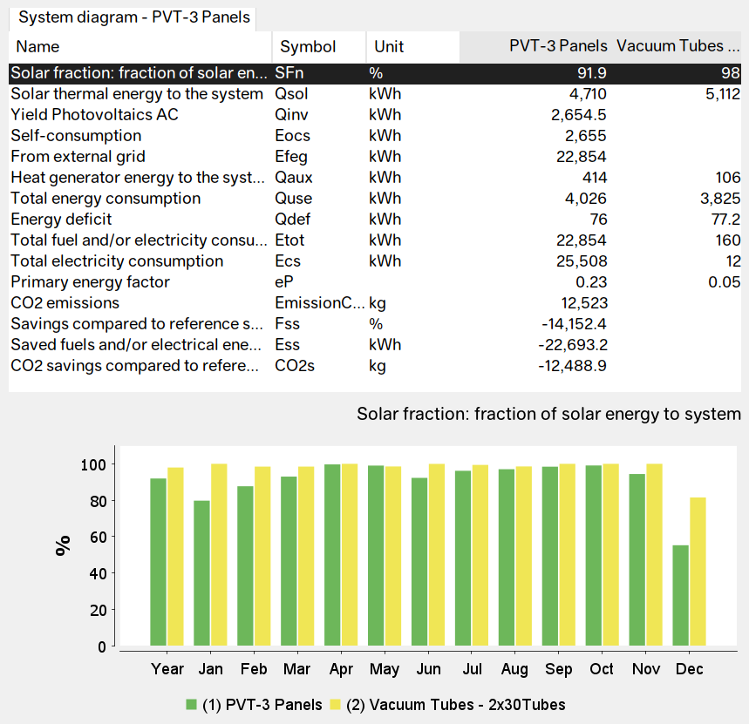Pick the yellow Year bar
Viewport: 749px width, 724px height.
click(175, 558)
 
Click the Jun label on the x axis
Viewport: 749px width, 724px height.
click(428, 669)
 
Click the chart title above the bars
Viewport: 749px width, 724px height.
click(548, 414)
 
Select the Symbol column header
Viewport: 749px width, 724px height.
click(308, 46)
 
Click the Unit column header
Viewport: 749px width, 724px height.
click(389, 46)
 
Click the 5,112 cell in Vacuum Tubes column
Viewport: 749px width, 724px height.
click(720, 94)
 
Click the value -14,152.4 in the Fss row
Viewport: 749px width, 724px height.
click(571, 324)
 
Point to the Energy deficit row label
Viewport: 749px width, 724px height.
click(61, 220)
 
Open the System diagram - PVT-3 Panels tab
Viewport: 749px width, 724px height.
click(133, 17)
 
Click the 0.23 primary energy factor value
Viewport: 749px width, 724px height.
click(591, 282)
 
